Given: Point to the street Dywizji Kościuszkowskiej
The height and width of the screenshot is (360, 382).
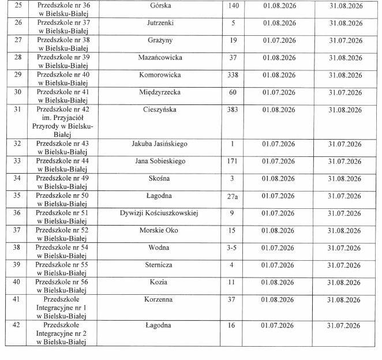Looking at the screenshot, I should pos(159,213).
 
